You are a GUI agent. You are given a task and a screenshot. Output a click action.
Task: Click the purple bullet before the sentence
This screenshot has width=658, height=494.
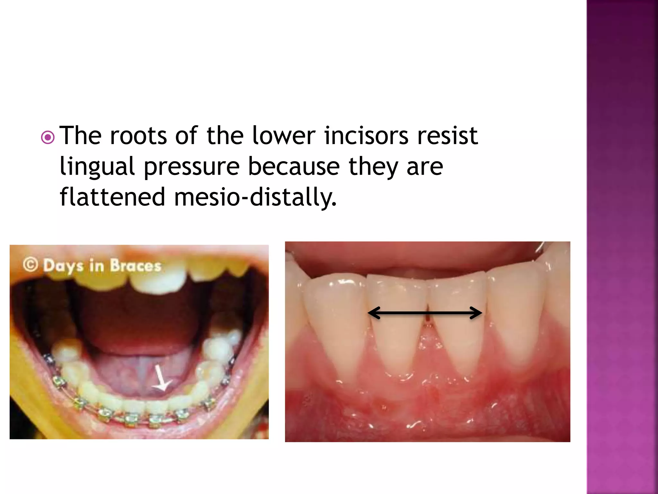48,138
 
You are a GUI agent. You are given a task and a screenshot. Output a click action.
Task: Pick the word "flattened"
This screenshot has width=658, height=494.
112,197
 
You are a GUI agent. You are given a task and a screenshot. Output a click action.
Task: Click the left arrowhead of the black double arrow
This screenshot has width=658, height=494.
375,313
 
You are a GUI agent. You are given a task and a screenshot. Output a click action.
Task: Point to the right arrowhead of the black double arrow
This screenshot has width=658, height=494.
476,313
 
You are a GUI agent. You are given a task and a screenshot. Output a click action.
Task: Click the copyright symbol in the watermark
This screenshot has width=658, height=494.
31,265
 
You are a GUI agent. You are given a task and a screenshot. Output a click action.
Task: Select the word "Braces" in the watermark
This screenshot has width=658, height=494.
135,266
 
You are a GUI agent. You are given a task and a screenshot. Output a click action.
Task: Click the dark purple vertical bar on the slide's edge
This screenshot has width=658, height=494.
622,247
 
